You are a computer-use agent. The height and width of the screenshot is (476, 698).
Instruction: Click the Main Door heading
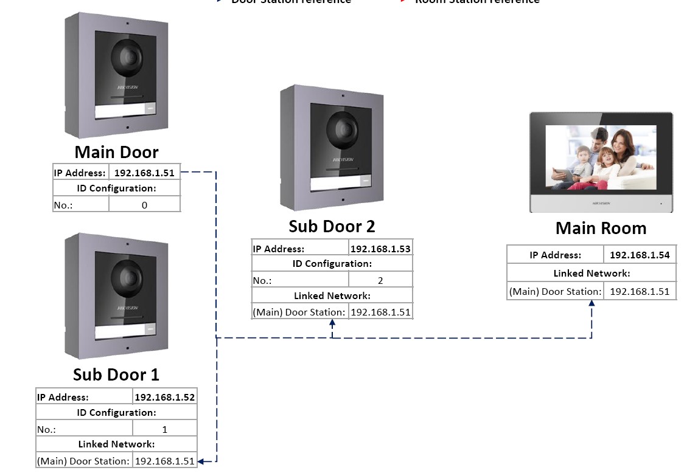point(116,152)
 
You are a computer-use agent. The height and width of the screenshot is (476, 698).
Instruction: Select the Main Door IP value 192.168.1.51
point(145,173)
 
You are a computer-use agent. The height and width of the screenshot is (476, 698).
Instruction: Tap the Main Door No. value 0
point(145,205)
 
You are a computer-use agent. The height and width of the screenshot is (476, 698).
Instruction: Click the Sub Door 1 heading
point(116,374)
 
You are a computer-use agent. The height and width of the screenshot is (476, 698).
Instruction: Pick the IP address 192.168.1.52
point(165,398)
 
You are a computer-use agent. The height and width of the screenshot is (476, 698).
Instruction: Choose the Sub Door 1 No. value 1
point(165,429)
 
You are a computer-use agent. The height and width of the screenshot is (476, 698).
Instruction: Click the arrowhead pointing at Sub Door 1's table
point(201,461)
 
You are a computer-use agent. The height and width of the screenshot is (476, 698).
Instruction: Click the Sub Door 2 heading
point(332,226)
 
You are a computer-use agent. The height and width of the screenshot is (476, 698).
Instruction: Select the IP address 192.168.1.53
point(380,249)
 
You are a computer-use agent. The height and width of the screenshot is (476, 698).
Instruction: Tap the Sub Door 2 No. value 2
point(380,281)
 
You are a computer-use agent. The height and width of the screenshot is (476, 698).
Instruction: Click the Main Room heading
point(601,229)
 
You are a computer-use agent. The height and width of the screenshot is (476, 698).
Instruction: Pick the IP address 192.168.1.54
point(640,255)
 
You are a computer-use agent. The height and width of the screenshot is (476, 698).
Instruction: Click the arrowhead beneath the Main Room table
point(592,303)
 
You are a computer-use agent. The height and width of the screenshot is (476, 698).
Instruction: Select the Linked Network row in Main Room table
point(592,274)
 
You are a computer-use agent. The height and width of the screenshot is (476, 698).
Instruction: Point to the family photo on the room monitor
point(600,158)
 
